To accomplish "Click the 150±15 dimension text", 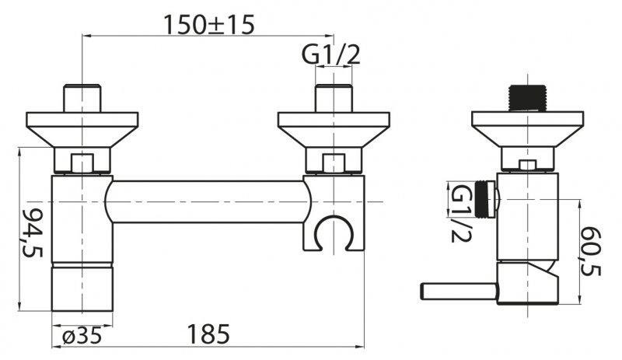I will click(x=208, y=24).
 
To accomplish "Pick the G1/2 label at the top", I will click(x=332, y=54).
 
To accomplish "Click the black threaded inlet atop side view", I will click(x=528, y=96).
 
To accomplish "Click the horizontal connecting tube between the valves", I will click(x=206, y=202).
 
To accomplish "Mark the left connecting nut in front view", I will click(x=82, y=163).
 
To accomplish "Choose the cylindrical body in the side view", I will click(x=529, y=218).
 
